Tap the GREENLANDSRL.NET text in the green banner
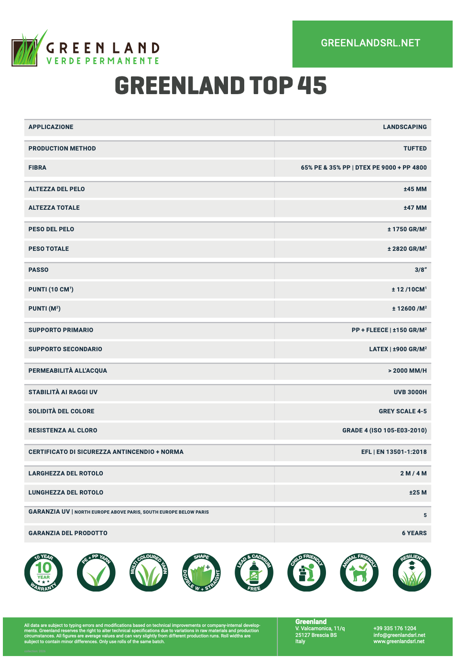370,43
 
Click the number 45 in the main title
312,86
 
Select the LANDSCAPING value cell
404,127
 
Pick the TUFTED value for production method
415,149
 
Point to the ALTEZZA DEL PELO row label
56,189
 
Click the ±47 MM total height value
415,208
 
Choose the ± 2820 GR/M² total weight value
407,249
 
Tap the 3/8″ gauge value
421,270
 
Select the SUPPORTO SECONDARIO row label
65,349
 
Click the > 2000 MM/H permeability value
407,371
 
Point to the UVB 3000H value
410,392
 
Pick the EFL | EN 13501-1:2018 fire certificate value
394,452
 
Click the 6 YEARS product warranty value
414,533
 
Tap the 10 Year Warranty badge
43,572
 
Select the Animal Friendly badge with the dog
359,572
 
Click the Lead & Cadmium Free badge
254,572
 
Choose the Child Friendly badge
306,572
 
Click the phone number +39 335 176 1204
394,628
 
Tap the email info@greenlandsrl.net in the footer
399,635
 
